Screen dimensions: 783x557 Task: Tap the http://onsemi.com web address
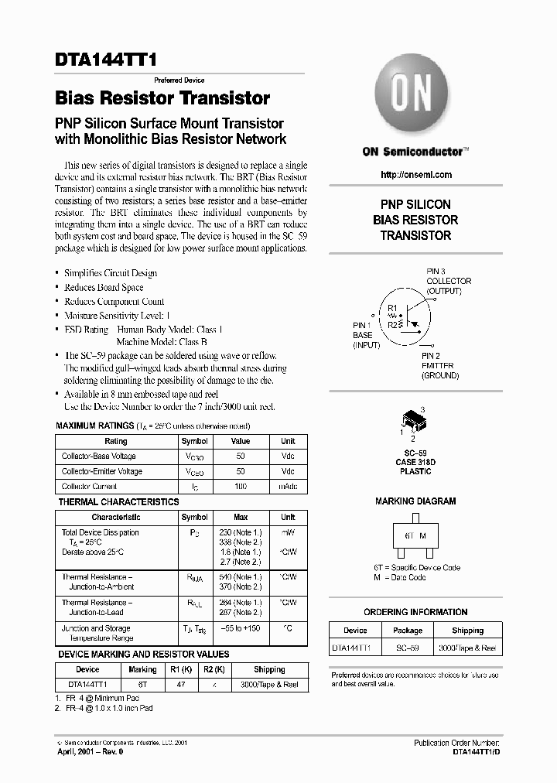(416, 175)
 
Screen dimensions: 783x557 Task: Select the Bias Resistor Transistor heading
(162, 98)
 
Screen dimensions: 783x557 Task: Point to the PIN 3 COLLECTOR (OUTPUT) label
(448, 281)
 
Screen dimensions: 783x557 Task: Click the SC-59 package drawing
(415, 422)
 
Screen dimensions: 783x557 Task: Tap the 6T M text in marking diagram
(415, 535)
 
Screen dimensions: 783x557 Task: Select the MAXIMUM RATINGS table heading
(95, 426)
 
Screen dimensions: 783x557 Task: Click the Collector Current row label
(90, 487)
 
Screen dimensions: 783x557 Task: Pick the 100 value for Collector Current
(240, 487)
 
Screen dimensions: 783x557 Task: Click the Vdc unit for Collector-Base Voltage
(288, 456)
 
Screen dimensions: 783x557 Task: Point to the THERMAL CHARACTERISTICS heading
(118, 502)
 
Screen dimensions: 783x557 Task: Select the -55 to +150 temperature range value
(241, 629)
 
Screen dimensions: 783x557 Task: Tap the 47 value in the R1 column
(181, 684)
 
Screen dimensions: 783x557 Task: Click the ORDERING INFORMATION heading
(415, 612)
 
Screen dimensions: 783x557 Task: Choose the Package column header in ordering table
(408, 631)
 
